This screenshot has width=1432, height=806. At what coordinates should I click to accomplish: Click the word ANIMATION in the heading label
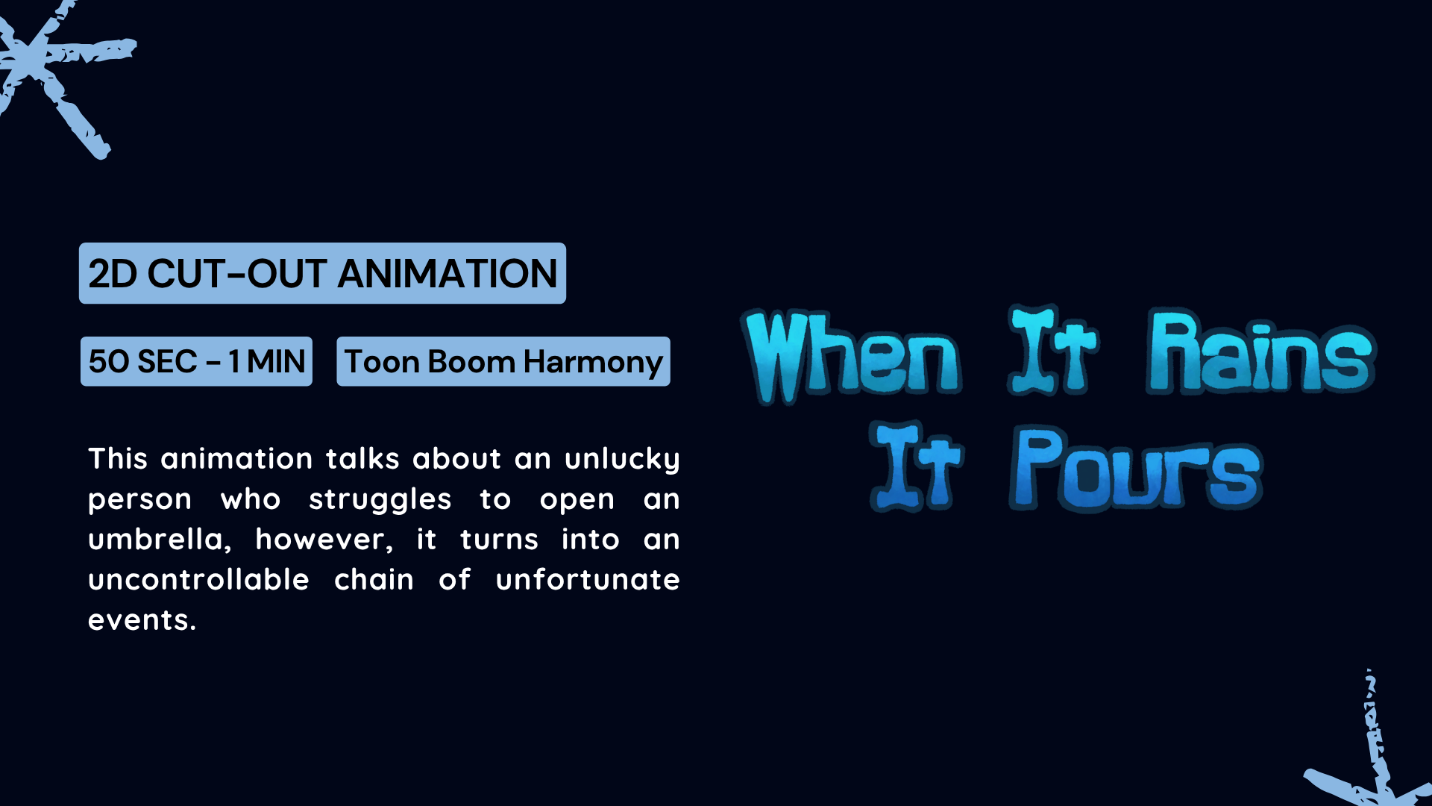point(447,273)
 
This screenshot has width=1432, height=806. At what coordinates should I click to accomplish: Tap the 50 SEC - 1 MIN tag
point(196,361)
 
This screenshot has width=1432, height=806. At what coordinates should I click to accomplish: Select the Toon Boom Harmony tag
point(503,361)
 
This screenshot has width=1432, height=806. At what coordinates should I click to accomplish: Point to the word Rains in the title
point(1260,351)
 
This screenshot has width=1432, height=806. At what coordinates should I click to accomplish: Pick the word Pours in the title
point(1136,469)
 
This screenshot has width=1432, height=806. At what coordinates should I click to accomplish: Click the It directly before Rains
point(1053,349)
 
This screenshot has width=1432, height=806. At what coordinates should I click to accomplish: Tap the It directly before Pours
point(917,466)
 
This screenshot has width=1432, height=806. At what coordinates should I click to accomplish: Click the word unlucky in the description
point(622,459)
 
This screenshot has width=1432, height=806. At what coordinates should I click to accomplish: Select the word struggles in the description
point(380,499)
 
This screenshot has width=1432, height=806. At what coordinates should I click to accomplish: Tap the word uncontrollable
point(198,579)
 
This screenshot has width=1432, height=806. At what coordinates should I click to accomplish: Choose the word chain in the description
point(374,579)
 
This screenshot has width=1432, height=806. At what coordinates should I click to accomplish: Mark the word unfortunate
point(588,579)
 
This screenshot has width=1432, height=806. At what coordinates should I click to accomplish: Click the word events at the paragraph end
point(142,620)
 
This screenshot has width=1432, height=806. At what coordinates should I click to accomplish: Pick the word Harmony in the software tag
point(593,363)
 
